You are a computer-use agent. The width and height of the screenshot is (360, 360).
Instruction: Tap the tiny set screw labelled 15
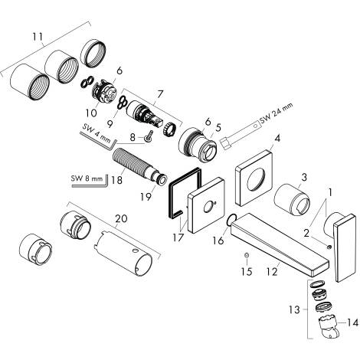[x=245, y=254]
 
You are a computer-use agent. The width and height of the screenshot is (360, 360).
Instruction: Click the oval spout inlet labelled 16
[x=231, y=221]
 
